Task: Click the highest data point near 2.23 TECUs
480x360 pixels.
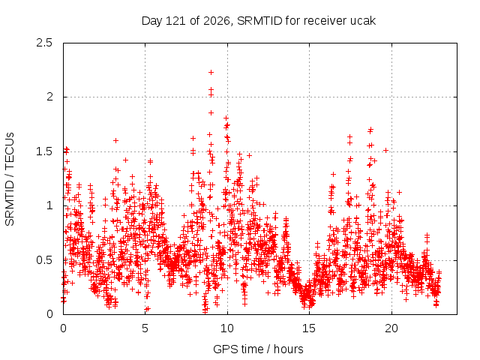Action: point(211,73)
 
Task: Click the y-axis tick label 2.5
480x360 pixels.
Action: point(44,43)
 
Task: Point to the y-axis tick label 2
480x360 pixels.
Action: point(49,97)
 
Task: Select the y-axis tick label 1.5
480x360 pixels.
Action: point(44,151)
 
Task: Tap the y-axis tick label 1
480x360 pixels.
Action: point(50,205)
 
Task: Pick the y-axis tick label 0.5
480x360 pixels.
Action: point(44,260)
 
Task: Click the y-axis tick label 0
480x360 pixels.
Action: point(49,314)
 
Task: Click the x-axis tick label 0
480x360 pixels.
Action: point(63,328)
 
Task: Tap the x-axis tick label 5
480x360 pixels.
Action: point(145,328)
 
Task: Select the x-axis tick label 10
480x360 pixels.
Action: point(227,328)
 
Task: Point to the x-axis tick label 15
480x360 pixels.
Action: point(309,328)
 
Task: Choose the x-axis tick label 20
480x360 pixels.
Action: point(391,328)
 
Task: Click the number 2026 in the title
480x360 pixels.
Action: point(217,21)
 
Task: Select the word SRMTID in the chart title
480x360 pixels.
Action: point(259,21)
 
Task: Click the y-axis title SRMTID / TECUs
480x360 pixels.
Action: point(10,179)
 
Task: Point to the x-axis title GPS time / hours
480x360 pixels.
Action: point(258,349)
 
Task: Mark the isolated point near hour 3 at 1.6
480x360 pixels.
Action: point(115,141)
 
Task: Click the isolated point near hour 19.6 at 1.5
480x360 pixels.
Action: point(385,150)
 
